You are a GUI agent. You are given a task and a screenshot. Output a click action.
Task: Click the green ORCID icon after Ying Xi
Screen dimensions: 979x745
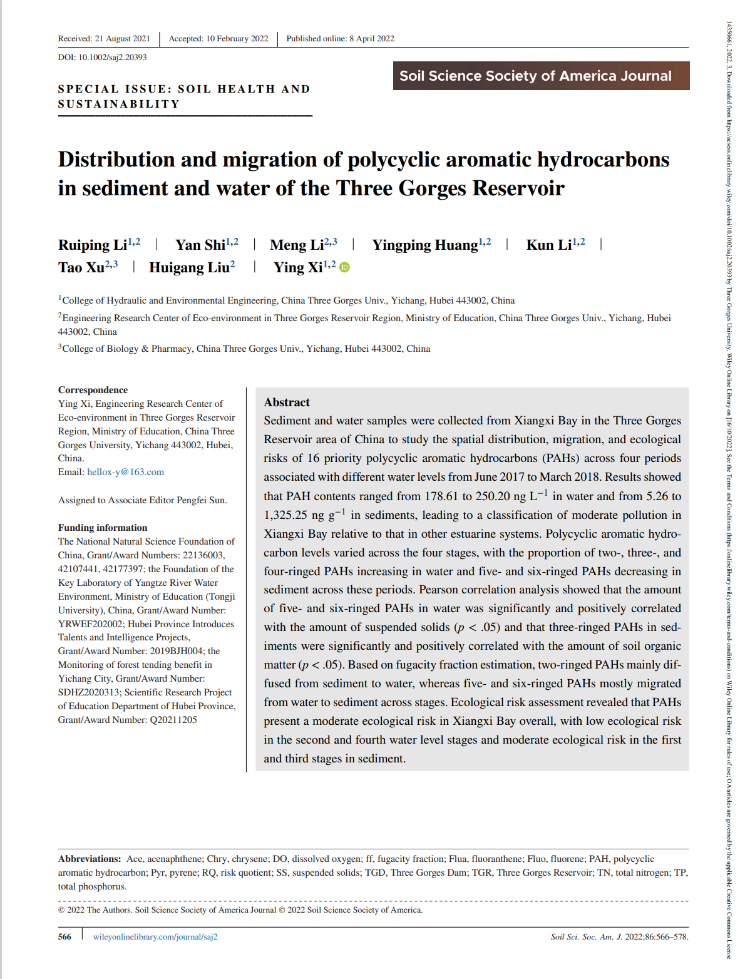(344, 267)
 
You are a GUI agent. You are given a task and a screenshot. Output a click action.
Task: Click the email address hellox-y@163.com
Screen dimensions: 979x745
(125, 472)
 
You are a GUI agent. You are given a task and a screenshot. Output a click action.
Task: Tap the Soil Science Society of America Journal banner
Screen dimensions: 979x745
(541, 76)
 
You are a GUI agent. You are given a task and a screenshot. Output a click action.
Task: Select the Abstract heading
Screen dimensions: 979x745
(287, 402)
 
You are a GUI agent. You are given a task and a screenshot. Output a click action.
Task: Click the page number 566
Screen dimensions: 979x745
(64, 937)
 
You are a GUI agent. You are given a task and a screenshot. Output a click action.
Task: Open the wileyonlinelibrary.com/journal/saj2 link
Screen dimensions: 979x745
(155, 937)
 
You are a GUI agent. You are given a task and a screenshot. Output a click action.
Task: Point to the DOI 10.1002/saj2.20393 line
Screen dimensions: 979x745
(103, 57)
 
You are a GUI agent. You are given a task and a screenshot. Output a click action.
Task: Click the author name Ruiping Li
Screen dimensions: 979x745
(93, 245)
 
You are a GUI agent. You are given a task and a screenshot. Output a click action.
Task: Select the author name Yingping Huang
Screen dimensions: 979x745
(425, 245)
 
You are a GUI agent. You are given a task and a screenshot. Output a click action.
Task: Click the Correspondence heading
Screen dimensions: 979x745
(93, 390)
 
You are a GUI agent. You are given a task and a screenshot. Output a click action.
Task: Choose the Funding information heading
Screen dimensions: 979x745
(103, 528)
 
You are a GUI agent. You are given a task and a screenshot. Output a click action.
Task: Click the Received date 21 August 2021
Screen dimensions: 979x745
(104, 39)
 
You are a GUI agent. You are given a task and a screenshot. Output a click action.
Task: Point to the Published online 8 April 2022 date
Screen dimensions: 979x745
(340, 39)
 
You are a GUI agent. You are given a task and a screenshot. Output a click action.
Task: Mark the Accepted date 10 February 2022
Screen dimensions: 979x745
(218, 39)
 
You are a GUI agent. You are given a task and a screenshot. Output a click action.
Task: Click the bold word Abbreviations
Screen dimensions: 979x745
(90, 859)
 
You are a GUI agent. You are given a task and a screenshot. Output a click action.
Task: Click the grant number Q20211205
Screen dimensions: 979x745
(173, 720)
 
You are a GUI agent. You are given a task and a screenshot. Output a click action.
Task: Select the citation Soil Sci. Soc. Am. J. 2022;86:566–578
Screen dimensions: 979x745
(619, 937)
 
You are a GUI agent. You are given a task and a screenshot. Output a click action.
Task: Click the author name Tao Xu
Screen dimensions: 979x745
(81, 268)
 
